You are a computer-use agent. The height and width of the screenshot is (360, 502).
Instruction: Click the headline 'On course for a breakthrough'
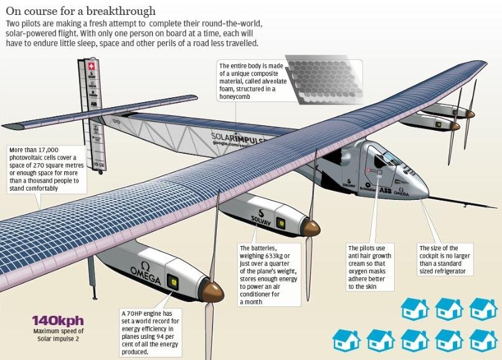click(81, 11)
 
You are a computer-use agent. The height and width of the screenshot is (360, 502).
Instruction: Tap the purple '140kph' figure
click(58, 321)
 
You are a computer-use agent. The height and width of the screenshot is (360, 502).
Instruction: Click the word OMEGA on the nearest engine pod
click(145, 276)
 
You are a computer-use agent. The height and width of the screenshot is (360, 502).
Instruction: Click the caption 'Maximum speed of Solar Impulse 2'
click(58, 334)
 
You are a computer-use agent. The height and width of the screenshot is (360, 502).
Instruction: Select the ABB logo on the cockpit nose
click(386, 190)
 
